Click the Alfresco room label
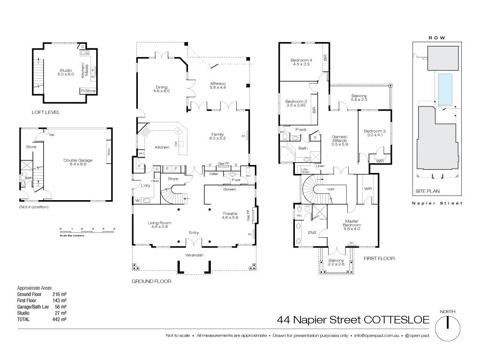pos(217,85)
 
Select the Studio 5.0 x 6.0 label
pos(66,72)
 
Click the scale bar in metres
pos(87,232)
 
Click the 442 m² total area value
pos(59,319)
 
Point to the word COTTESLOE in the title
pos(397,320)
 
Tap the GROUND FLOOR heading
pos(151,282)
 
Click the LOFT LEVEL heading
pos(45,112)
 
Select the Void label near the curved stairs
pos(330,189)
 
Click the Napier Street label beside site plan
pos(437,203)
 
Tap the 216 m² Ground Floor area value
pos(59,294)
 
